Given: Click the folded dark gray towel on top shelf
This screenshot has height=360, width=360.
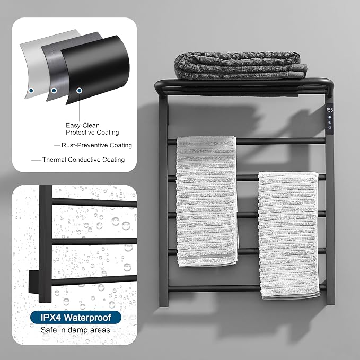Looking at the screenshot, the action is click(241, 66).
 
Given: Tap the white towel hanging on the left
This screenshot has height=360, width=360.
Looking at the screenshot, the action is click(207, 201).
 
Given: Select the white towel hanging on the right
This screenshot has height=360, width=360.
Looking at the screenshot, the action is click(289, 235).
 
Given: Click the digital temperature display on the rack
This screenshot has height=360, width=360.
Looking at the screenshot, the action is click(330, 110).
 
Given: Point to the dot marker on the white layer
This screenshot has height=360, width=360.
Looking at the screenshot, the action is click(31, 91).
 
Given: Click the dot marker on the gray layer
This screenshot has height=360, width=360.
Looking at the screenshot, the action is click(54, 91).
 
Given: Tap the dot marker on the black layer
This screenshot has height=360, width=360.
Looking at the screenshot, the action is click(79, 91).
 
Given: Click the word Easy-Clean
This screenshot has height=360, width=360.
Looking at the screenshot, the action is click(83, 125).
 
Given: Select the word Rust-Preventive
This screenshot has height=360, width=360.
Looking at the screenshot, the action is click(85, 145).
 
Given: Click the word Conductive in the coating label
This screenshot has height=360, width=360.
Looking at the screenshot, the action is click(84, 160).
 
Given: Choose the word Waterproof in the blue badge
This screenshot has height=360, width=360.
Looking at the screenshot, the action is click(87, 318).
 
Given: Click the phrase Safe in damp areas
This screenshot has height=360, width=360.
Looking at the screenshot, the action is click(75, 330).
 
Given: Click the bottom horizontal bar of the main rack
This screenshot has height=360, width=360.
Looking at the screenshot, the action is click(247, 288).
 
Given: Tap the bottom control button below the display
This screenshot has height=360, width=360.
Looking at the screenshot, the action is click(330, 128).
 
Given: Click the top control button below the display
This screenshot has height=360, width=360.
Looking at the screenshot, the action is click(330, 117).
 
